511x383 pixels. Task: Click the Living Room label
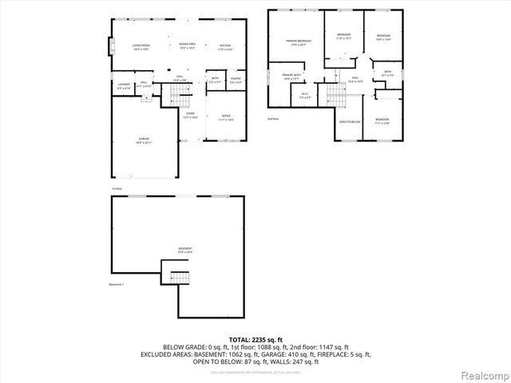142,46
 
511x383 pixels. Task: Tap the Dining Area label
188,45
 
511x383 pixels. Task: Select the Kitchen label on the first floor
225,46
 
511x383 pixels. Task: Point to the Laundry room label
124,84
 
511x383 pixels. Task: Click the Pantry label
236,79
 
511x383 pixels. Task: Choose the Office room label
226,117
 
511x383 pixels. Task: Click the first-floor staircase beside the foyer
180,98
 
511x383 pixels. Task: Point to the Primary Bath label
291,76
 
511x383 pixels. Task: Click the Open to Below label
350,121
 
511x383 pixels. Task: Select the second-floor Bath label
387,73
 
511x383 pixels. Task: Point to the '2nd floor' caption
273,118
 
